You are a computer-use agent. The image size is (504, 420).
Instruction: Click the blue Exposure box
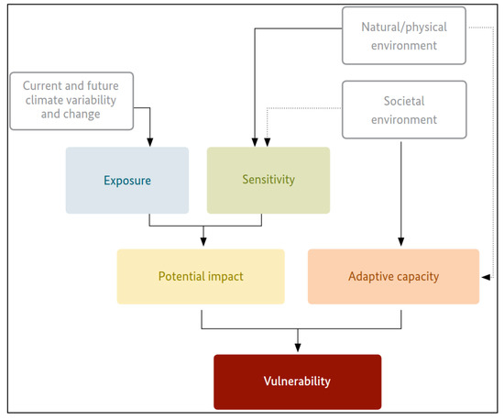pos(127,180)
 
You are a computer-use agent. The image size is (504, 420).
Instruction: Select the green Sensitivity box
pos(268,180)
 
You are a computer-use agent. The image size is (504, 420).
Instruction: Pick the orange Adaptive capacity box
pos(392,276)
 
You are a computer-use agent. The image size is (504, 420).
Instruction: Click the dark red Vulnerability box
pos(297,381)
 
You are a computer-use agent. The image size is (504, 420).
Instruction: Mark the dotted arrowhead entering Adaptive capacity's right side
pos(485,275)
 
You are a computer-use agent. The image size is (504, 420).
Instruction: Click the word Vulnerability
pos(297,381)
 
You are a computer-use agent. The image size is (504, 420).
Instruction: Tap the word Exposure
pos(127,180)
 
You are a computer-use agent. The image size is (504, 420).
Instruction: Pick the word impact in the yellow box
pos(224,276)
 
